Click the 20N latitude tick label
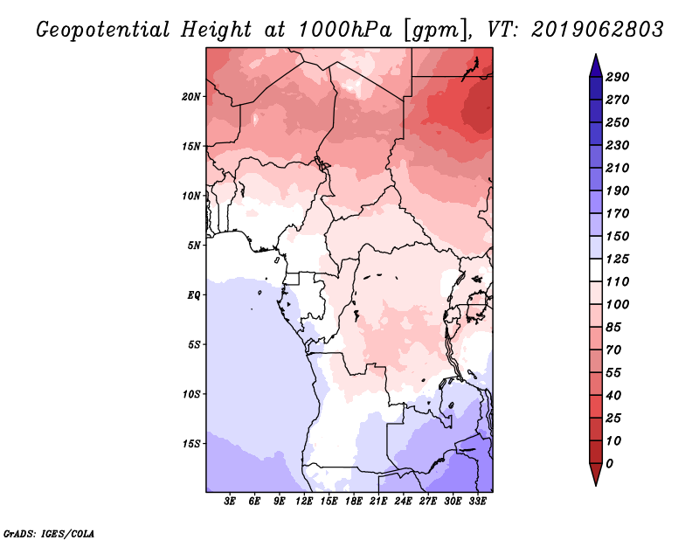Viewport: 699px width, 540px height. [190, 97]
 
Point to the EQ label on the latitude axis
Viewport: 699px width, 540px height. [193, 295]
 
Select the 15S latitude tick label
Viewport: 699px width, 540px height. [191, 444]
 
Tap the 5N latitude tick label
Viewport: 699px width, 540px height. [194, 246]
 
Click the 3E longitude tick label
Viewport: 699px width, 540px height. [230, 501]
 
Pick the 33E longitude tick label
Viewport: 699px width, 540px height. [477, 501]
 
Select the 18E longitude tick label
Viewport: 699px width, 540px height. [354, 501]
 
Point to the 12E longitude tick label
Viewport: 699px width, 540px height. [304, 501]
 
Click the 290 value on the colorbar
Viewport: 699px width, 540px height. [618, 77]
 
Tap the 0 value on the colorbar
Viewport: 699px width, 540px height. [609, 464]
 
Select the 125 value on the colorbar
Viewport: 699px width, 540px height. [618, 259]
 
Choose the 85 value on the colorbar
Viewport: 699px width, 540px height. [613, 328]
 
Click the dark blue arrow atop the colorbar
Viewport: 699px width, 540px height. [596, 66]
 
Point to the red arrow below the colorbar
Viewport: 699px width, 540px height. [596, 474]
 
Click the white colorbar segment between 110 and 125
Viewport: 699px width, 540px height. [596, 270]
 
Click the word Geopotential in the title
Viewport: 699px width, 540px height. [103, 31]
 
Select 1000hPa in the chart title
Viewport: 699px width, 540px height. [345, 30]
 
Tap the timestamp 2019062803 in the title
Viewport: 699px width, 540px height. [598, 30]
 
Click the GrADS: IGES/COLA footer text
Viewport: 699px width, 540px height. [49, 534]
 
